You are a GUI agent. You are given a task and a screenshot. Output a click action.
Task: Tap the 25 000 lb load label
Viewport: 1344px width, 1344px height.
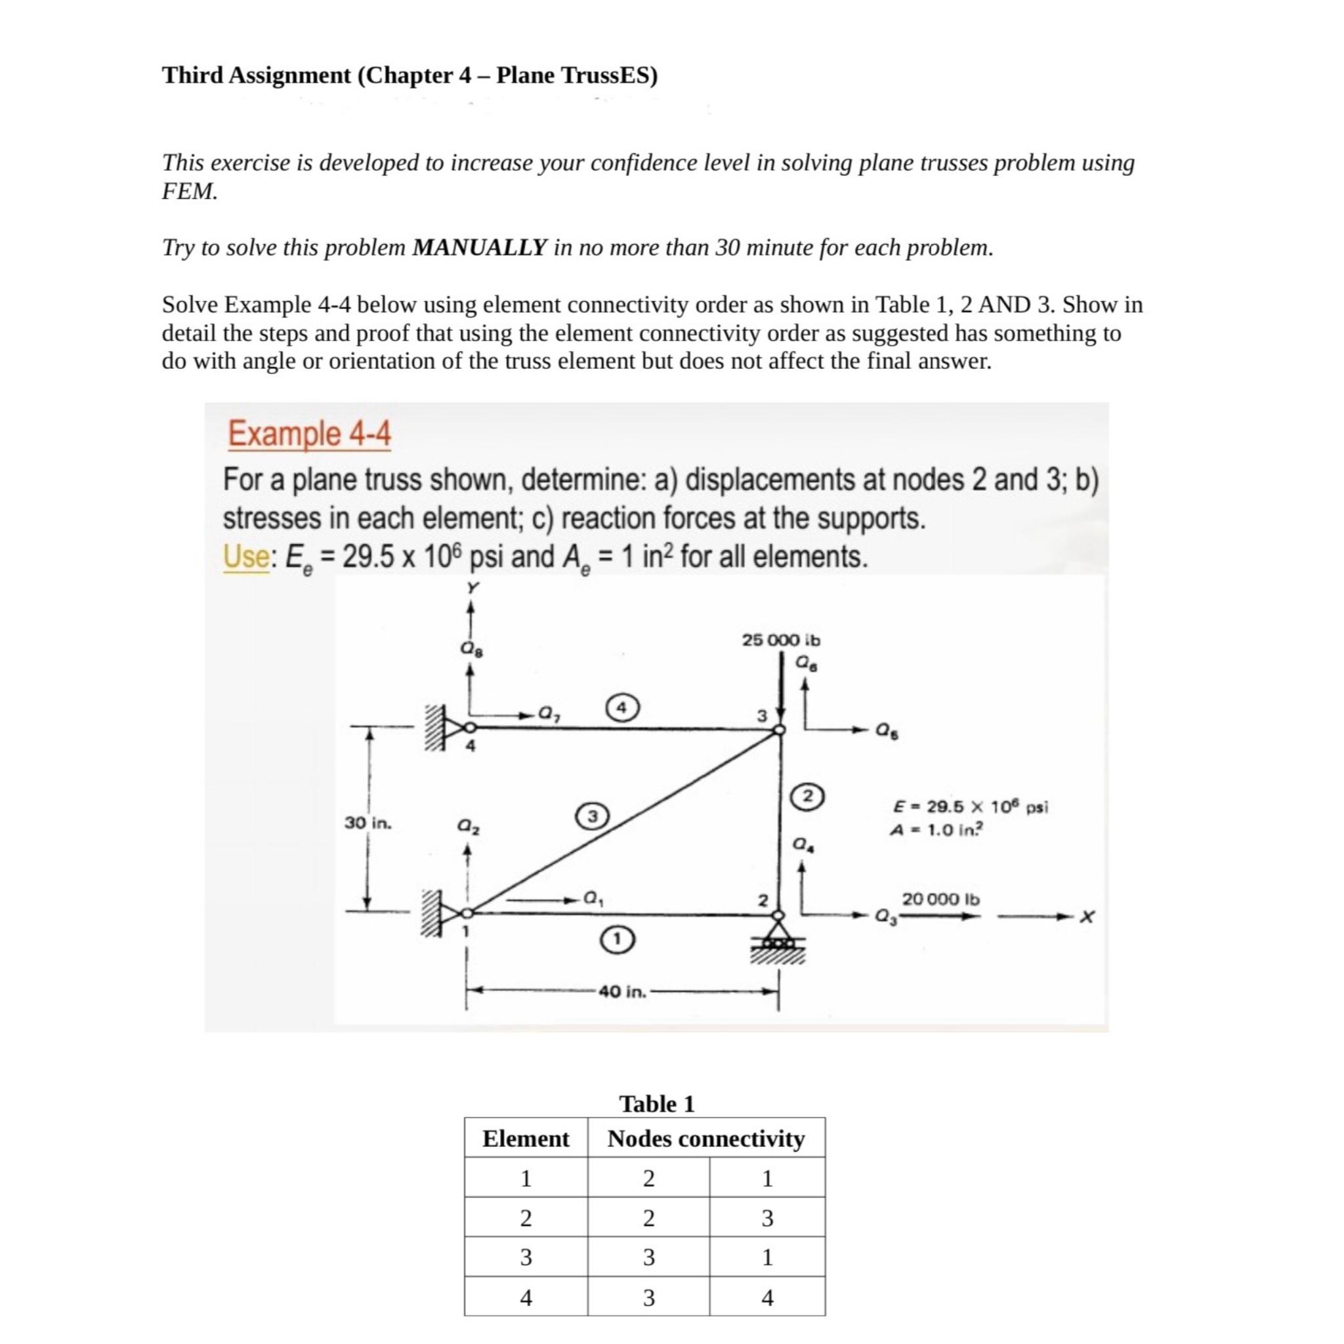(780, 639)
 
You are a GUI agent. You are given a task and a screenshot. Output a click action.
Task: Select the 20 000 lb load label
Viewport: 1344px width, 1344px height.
(940, 899)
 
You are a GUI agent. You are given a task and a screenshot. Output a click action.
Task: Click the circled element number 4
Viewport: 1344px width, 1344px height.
(623, 707)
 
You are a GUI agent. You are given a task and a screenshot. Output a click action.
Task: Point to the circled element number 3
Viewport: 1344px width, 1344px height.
(592, 814)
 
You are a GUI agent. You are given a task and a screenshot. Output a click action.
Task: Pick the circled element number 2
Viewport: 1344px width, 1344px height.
(808, 795)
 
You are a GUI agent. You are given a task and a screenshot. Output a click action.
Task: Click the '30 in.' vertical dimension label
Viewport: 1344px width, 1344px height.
(368, 823)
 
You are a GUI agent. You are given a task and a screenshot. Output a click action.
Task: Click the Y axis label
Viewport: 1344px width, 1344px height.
(472, 589)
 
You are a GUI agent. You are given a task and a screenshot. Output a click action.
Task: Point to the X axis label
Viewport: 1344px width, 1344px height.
(1087, 918)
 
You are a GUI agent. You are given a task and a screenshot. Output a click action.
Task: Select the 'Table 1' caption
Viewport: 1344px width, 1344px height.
(657, 1104)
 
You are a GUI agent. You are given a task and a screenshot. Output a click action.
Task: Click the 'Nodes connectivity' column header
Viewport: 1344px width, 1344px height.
(705, 1139)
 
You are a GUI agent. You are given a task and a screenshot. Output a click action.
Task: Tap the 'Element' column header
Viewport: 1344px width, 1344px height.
(526, 1139)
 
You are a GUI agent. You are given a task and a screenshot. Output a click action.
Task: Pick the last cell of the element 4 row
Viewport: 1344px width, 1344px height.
(766, 1297)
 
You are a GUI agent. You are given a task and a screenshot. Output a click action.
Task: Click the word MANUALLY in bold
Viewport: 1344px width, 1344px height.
(479, 247)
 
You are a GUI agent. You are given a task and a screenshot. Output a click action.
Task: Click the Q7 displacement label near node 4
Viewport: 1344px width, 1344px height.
(549, 714)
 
